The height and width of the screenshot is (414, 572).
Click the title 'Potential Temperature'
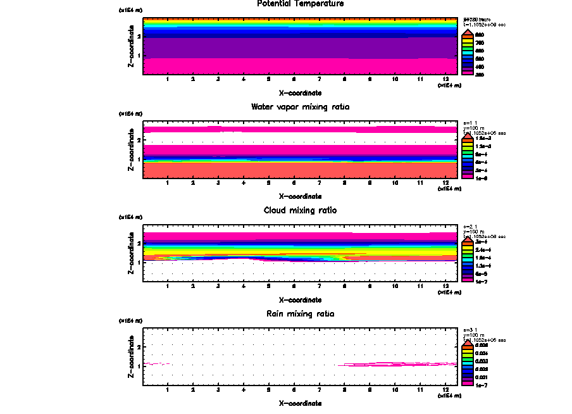point(301,4)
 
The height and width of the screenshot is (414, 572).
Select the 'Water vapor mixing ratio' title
point(301,107)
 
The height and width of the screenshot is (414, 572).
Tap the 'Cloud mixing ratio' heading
point(301,210)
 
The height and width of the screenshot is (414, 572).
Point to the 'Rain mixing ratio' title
point(301,314)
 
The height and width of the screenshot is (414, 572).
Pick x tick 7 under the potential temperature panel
point(320,79)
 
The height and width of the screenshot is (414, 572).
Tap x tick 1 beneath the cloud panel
point(168,286)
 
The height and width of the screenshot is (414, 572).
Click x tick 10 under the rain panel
point(395,390)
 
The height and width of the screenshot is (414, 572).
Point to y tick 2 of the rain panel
point(139,347)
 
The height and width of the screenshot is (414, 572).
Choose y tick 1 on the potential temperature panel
point(139,56)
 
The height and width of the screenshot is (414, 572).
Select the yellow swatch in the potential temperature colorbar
point(467,42)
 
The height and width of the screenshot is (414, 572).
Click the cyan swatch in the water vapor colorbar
point(467,154)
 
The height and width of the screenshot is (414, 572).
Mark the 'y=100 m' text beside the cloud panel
point(474,232)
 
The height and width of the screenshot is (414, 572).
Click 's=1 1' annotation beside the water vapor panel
point(470,123)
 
